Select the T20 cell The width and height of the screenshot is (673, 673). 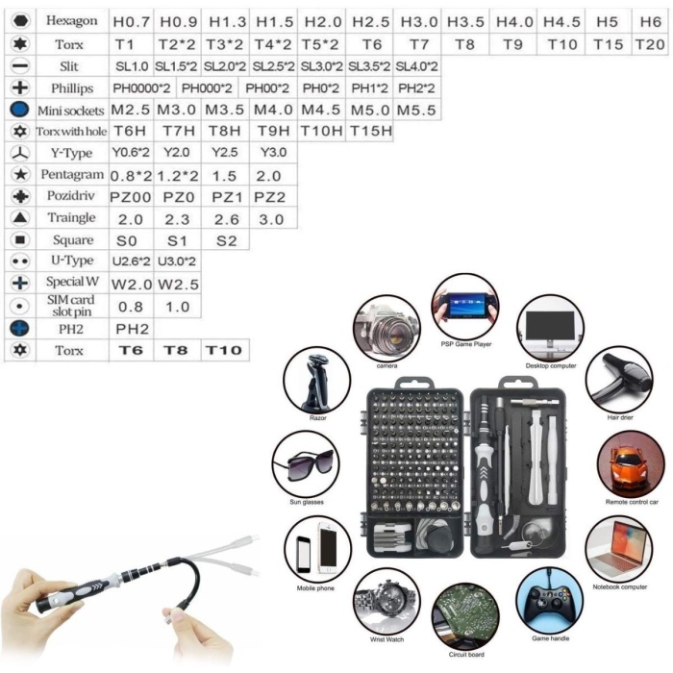click(650, 44)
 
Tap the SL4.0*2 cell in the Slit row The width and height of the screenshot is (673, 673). click(415, 66)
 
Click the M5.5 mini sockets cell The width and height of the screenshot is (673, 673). click(415, 110)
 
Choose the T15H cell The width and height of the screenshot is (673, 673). click(369, 132)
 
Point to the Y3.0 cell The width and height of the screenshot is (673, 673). click(272, 154)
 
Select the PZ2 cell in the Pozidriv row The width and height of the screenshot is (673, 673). click(272, 197)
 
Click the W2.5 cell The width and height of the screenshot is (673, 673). click(178, 284)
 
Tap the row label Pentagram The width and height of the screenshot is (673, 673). click(72, 175)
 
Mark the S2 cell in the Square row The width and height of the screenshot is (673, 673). click(225, 240)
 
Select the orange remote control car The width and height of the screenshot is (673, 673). click(630, 464)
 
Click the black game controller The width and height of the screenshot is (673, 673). click(549, 598)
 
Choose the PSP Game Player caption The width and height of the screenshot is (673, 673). click(466, 342)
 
